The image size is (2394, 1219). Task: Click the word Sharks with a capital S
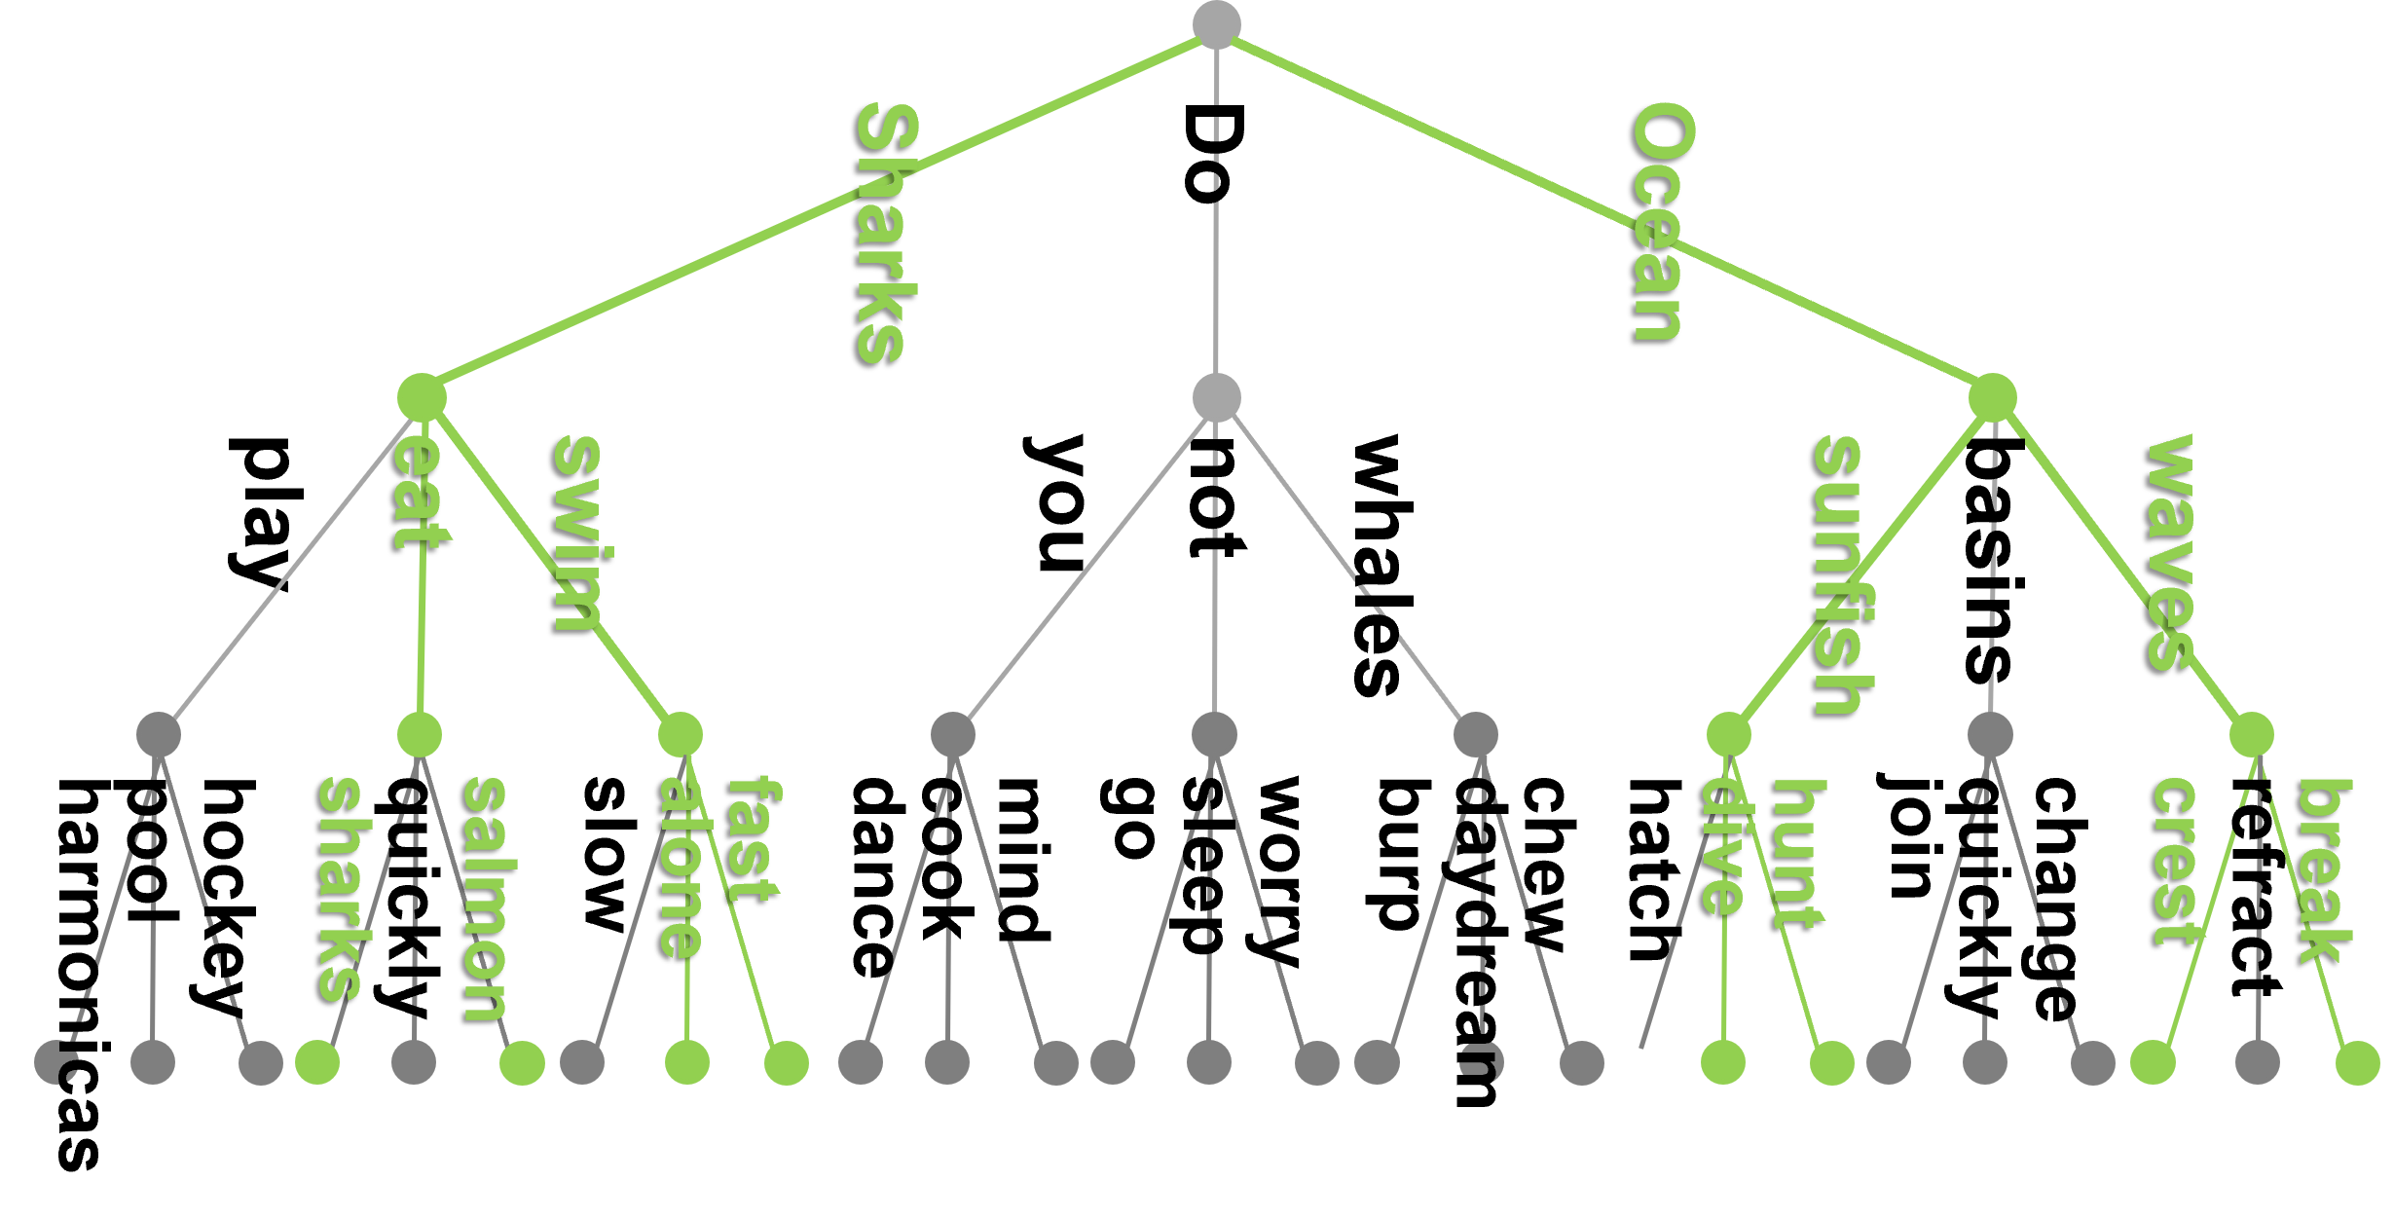(x=885, y=234)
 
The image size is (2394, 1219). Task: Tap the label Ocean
(x=1662, y=224)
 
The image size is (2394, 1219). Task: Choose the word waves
(x=2171, y=552)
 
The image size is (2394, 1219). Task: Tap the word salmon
(x=485, y=898)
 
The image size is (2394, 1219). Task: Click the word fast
(x=755, y=838)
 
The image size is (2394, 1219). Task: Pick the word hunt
(x=1799, y=854)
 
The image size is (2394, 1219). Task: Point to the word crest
(x=2175, y=861)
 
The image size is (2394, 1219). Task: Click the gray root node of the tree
(x=1217, y=24)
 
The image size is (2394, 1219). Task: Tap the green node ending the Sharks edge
(x=422, y=397)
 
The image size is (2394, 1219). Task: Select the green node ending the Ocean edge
(x=1992, y=397)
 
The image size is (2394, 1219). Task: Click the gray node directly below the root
(x=1217, y=397)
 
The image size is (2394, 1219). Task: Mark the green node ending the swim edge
(x=680, y=734)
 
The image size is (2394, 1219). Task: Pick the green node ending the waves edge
(x=2251, y=734)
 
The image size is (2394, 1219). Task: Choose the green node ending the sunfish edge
(x=1729, y=734)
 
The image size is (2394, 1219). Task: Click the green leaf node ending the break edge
(x=2357, y=1062)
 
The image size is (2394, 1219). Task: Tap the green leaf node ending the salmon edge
(x=522, y=1062)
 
